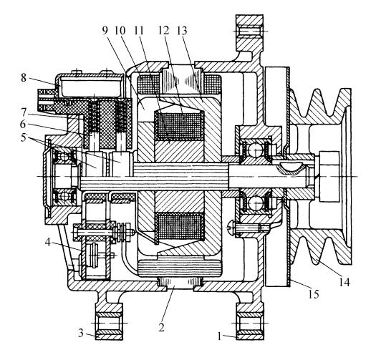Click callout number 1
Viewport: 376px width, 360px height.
[x=219, y=336]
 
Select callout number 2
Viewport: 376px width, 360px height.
[x=161, y=327]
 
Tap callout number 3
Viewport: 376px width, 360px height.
[x=81, y=333]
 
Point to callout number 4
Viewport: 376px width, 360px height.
[x=48, y=242]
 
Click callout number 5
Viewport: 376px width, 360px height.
[x=24, y=138]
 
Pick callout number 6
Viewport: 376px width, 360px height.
[x=23, y=124]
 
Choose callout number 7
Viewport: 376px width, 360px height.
[x=23, y=112]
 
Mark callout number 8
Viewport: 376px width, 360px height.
[x=24, y=78]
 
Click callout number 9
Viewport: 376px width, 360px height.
[x=105, y=31]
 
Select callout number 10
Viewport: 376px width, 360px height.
[x=120, y=31]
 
